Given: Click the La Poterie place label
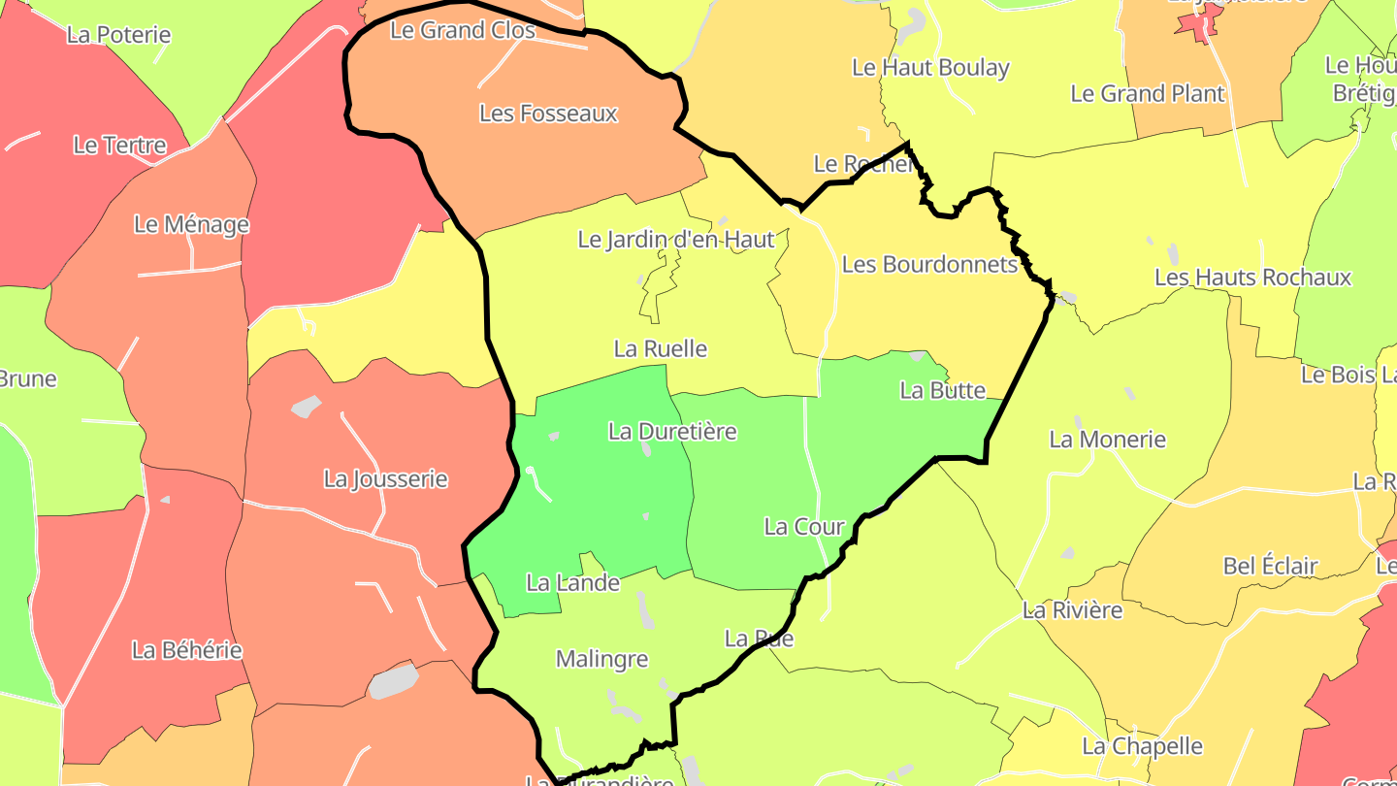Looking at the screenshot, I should point(118,35).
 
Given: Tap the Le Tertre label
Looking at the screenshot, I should point(119,146).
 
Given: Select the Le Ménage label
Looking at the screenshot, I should point(191,224).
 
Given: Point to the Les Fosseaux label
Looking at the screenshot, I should point(548,114).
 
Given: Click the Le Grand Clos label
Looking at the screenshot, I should point(462,30).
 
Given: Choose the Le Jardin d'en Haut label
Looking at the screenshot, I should point(676,239).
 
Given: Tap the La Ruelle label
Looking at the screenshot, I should point(661,348).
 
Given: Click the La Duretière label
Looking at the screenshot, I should point(672,431).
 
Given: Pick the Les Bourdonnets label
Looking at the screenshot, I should point(929,264).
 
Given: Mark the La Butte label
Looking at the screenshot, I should point(942,390).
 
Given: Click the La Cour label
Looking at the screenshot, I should point(804,527).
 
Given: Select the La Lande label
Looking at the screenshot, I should point(572,583).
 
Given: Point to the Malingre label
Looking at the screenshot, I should point(601,659).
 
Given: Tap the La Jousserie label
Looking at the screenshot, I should point(385,478).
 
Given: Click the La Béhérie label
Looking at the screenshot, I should point(187,650).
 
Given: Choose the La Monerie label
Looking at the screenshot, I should point(1107,440).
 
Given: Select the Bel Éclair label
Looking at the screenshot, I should point(1270,566).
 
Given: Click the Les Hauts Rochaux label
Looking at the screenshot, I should point(1251,278).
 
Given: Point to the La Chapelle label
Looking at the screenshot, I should point(1142,746).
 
